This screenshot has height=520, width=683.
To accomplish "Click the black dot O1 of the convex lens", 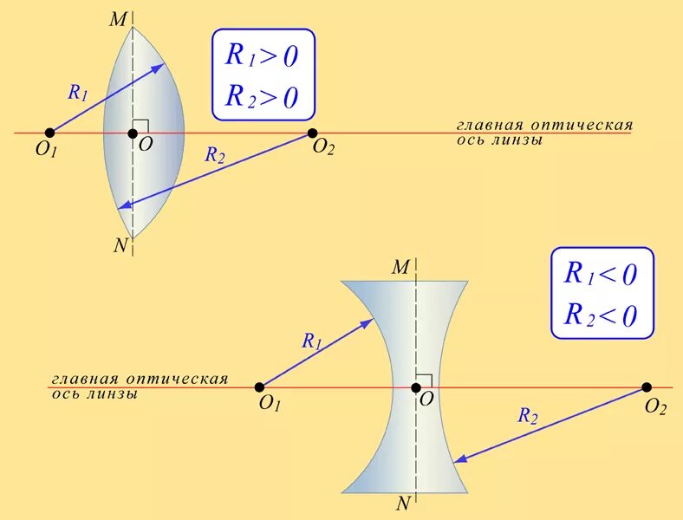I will click(49, 133).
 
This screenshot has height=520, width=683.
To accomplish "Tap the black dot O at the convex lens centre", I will click(133, 133).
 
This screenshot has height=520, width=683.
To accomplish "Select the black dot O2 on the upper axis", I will click(312, 133).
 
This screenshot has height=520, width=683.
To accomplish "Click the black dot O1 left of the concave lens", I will click(259, 387).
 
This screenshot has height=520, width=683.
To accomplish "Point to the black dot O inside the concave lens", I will click(415, 387).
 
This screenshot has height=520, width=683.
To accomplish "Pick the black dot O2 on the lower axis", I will click(647, 387).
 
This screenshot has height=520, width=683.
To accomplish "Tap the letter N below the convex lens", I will click(120, 245).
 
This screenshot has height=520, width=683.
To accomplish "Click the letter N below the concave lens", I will click(403, 504).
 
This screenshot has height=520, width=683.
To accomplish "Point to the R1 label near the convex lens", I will click(77, 93).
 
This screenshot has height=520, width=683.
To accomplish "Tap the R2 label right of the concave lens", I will click(528, 417).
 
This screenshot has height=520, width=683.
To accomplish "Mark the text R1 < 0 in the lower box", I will click(601, 275).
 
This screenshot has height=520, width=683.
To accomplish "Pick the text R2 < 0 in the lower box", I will click(601, 314).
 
